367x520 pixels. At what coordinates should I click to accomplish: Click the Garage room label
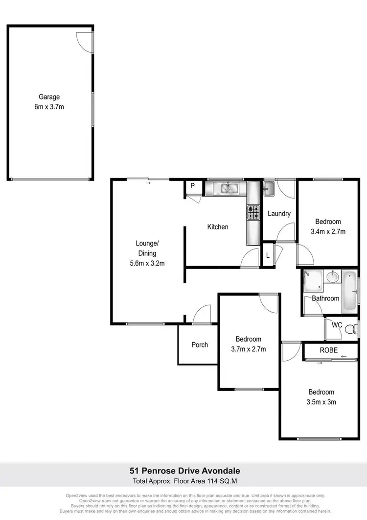pos(49,97)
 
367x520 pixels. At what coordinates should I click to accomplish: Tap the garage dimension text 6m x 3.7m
pos(49,106)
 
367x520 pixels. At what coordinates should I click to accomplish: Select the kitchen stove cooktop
pos(253,212)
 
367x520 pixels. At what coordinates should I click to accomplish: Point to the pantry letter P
pos(193,186)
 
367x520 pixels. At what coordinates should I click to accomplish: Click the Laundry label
pos(279,214)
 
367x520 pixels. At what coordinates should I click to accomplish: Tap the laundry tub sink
pos(269,188)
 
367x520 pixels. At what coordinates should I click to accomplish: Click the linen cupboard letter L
pos(268,256)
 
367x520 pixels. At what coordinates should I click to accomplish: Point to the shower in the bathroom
pos(311,280)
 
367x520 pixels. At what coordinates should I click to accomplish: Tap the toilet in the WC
pos(350,331)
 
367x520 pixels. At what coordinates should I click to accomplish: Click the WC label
pos(337,324)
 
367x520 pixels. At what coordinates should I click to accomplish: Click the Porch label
pos(200,345)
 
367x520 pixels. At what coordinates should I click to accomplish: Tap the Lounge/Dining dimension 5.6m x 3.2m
pos(147,263)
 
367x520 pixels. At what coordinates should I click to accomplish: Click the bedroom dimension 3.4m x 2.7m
pos(328,231)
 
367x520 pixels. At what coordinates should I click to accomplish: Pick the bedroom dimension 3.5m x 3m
pos(321,402)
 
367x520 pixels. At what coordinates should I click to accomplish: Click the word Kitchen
pos(218,227)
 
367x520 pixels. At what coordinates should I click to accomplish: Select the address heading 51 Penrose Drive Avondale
pos(183,471)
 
